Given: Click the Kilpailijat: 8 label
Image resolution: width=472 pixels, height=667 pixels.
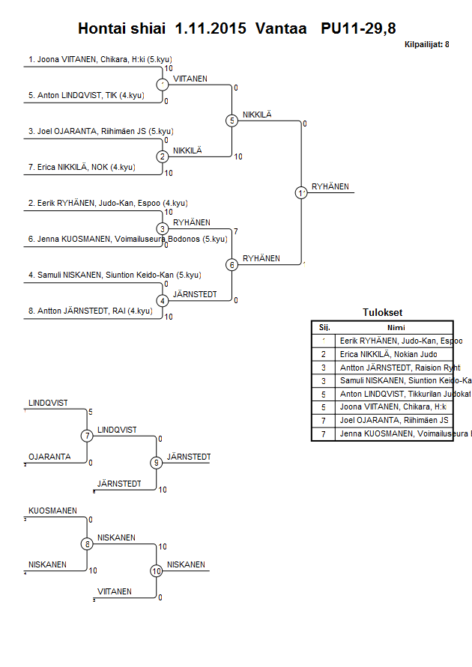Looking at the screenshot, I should [x=426, y=45].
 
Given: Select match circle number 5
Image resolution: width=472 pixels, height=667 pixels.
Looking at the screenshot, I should [x=232, y=121].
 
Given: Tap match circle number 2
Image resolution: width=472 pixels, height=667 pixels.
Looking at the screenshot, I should [x=163, y=156].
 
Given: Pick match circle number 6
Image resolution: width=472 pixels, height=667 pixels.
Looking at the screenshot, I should [x=232, y=264].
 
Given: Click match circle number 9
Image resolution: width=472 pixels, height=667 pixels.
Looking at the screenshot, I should [x=156, y=463].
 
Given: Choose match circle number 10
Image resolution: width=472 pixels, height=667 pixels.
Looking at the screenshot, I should [x=156, y=570].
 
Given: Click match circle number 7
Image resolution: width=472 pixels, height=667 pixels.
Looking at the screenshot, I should [x=87, y=436].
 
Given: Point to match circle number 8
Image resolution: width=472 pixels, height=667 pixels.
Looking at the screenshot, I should [x=87, y=543].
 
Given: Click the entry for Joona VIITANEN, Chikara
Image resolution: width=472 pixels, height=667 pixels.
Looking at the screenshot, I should [x=106, y=59].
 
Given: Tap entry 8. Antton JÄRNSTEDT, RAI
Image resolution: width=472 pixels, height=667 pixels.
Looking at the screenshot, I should [x=91, y=311].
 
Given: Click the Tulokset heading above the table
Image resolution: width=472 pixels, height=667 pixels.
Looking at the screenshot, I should [x=382, y=313].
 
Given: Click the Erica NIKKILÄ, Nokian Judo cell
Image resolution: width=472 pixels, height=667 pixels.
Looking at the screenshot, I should [x=386, y=354].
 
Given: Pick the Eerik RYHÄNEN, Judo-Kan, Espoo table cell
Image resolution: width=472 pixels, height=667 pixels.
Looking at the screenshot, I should [x=390, y=340].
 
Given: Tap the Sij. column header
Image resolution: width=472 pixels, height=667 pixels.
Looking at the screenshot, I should [x=324, y=326].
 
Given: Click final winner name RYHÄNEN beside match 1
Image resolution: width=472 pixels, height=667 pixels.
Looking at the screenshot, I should [x=330, y=187].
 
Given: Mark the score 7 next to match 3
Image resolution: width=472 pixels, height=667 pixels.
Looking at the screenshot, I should [x=236, y=231].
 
